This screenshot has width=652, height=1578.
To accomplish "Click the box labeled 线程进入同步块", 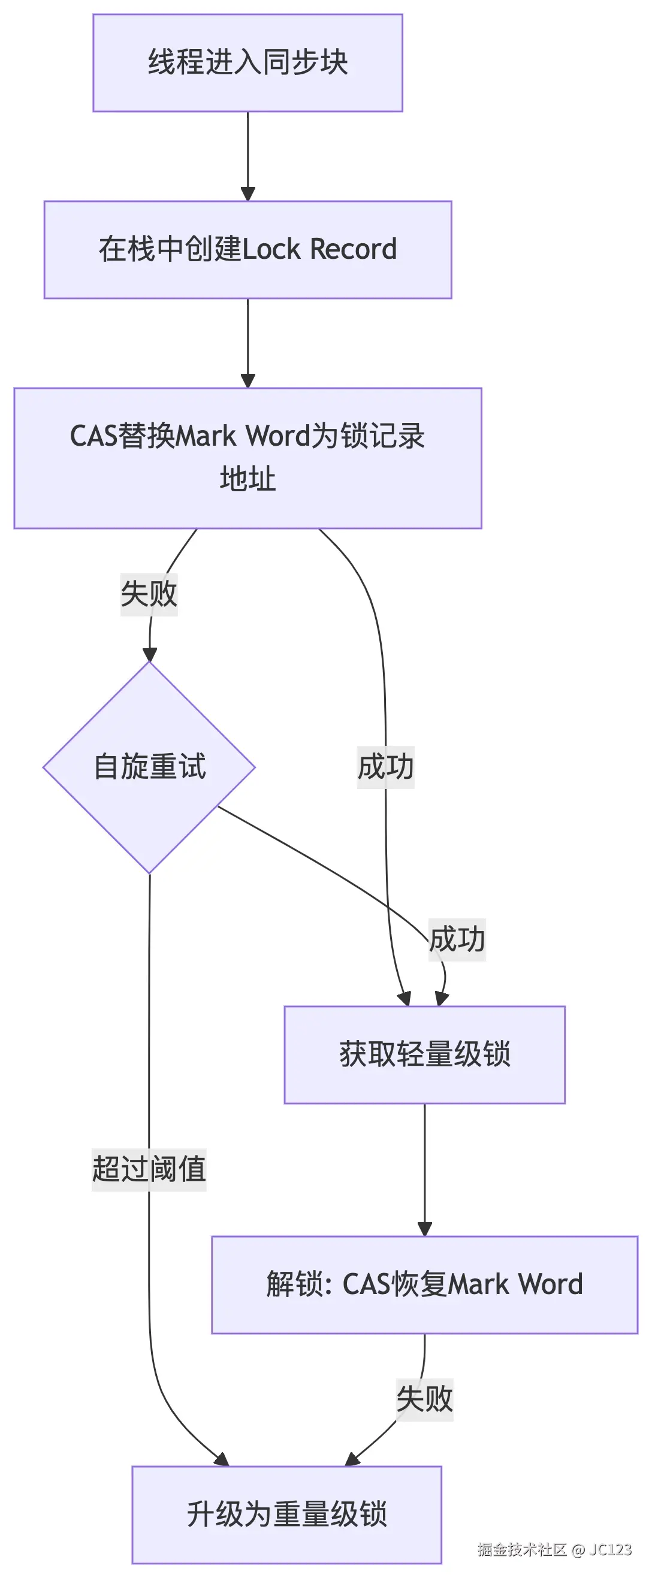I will (x=247, y=62).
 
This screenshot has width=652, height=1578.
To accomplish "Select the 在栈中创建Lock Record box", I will (x=247, y=249).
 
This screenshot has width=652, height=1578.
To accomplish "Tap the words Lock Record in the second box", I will (x=320, y=249).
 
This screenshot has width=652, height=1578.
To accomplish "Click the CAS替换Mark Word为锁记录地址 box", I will (x=247, y=458).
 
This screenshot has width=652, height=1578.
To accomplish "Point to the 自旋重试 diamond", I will (x=149, y=767).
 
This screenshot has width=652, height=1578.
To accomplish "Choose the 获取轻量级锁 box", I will (x=424, y=1054).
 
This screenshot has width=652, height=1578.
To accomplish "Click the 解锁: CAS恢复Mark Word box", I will (x=424, y=1284).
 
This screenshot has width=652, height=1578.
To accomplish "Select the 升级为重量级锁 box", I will (x=286, y=1514).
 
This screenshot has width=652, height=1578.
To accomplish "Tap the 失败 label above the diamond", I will (x=149, y=594).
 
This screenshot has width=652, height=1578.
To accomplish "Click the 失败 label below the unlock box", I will (x=424, y=1399).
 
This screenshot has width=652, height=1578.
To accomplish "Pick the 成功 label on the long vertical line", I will (x=385, y=766).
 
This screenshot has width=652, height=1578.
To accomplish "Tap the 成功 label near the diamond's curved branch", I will (x=457, y=939).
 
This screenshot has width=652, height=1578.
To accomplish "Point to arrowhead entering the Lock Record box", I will (x=247, y=194).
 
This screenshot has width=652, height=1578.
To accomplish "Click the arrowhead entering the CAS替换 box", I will (x=247, y=381).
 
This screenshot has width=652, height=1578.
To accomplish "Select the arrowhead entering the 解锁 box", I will (x=425, y=1229).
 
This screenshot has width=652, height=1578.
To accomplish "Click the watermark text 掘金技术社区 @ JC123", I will (x=554, y=1549).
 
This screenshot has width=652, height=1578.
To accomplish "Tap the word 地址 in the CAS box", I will (x=247, y=479).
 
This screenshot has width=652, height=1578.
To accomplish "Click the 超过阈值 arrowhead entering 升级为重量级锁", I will (x=222, y=1460).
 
